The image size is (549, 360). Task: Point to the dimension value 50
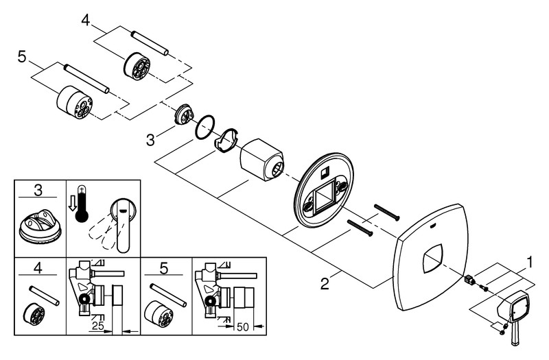pyautogui.click(x=242, y=328)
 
